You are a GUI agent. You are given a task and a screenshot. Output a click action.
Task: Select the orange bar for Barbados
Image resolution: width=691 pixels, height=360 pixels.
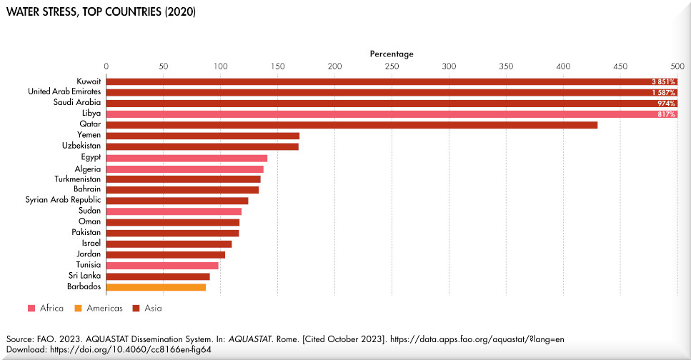click(x=156, y=287)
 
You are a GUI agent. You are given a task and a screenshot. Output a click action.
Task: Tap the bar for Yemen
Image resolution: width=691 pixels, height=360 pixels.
click(x=203, y=136)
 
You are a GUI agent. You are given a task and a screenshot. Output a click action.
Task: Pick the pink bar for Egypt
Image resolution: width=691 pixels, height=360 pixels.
click(x=187, y=158)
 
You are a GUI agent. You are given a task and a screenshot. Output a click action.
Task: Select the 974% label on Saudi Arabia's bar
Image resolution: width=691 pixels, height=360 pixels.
click(x=667, y=104)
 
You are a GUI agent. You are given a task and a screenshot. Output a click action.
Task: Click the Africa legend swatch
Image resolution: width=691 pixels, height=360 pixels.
click(x=31, y=309)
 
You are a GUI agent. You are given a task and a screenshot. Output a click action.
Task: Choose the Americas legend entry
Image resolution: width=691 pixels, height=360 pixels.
click(x=104, y=309)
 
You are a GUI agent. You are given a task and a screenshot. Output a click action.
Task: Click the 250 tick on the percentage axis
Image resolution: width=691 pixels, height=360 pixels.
click(x=392, y=66)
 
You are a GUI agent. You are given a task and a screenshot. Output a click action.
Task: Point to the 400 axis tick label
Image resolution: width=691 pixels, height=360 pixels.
click(x=563, y=66)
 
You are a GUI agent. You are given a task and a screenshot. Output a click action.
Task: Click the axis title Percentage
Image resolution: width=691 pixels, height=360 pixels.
click(x=392, y=54)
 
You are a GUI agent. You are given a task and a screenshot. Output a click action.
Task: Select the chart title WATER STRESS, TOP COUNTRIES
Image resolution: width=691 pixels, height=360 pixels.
click(x=101, y=13)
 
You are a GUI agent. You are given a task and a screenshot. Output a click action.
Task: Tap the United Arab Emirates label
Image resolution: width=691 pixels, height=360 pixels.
click(x=64, y=91)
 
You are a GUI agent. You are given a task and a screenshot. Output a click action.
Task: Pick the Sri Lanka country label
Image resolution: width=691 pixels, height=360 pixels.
click(x=84, y=276)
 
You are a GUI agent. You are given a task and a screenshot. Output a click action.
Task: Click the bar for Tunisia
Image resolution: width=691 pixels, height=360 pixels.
click(x=162, y=265)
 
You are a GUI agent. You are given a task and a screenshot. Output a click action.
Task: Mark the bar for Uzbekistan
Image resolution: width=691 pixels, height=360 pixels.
click(x=202, y=146)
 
